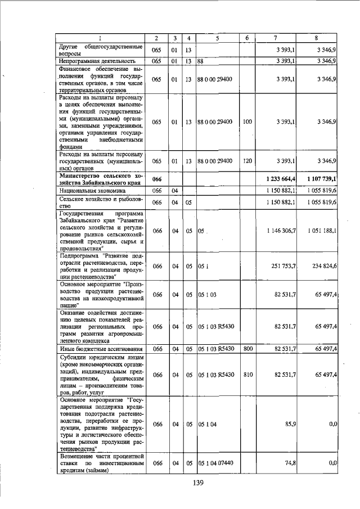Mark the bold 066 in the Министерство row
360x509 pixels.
(157, 179)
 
